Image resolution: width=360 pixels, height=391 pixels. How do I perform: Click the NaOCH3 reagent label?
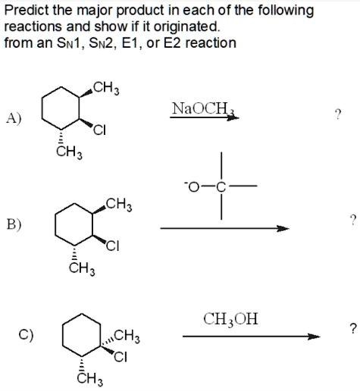[203, 108]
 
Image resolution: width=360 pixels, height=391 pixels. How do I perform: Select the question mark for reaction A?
[337, 114]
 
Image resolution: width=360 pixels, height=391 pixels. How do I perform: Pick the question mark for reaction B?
[353, 220]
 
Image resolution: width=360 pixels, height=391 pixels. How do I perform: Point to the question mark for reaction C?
[353, 328]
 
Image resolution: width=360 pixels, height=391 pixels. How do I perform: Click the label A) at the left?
[14, 118]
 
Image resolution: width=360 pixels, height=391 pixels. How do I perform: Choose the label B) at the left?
[14, 224]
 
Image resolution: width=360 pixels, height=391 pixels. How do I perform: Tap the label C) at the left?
[26, 335]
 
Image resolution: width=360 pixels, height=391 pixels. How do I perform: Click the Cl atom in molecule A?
[99, 130]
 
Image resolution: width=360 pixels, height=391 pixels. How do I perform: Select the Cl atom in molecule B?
[113, 246]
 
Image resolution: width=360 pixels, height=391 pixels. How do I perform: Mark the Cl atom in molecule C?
[121, 357]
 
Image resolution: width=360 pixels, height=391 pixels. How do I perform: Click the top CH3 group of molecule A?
[106, 89]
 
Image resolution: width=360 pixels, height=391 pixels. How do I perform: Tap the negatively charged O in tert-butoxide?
[193, 187]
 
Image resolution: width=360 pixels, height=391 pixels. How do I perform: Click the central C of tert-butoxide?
[221, 187]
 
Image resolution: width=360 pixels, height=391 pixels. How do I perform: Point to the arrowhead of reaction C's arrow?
[314, 336]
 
